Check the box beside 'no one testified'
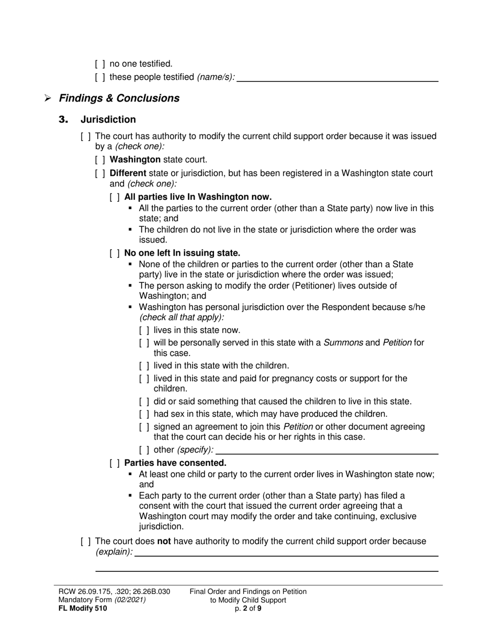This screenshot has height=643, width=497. [x=100, y=64]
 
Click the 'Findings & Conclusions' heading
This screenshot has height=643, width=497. [x=119, y=98]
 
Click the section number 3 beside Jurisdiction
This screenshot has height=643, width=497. [x=64, y=120]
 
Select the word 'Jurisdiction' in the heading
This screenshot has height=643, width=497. [x=108, y=120]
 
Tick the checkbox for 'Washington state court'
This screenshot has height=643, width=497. [x=100, y=160]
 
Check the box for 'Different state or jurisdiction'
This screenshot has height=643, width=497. [x=100, y=174]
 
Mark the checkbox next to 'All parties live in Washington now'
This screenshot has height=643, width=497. [x=115, y=198]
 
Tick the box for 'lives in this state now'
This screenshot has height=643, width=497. [x=144, y=330]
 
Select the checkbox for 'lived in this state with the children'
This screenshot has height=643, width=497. [x=144, y=366]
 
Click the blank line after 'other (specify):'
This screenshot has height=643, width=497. [x=327, y=451]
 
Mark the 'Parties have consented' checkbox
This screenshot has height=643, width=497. [x=115, y=463]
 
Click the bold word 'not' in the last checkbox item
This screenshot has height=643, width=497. [x=164, y=541]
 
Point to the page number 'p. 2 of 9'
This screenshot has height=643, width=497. [x=248, y=608]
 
